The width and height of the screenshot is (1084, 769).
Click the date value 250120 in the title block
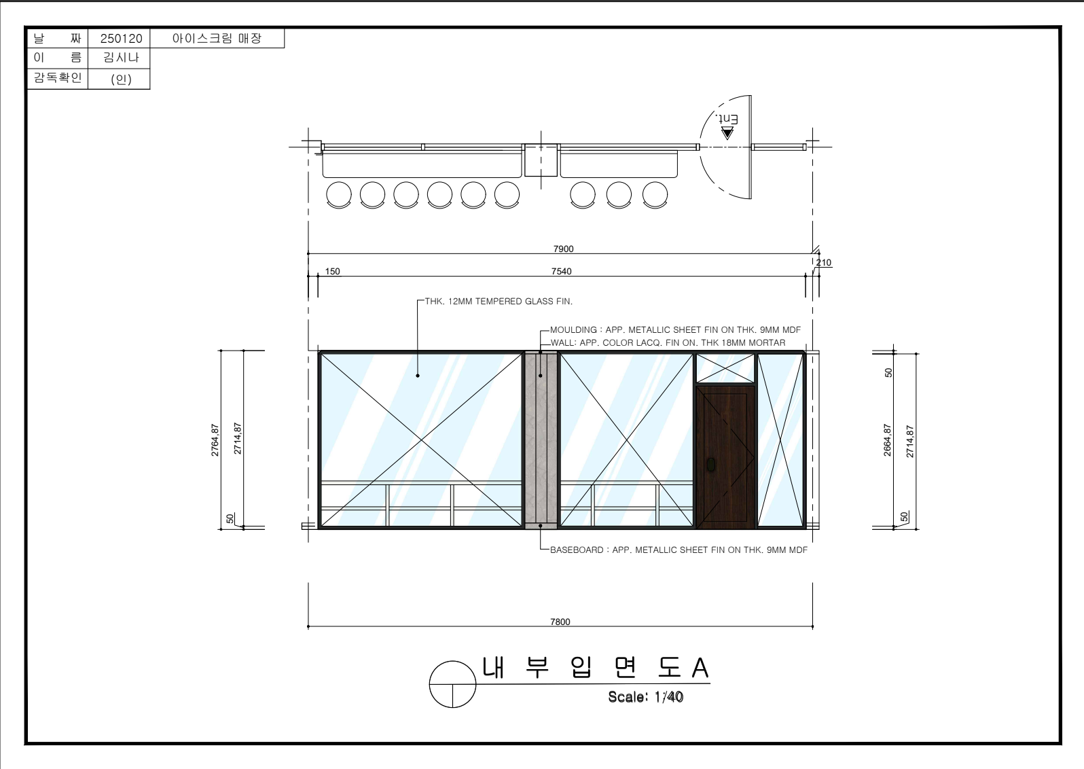121,39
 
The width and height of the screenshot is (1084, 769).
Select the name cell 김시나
121,58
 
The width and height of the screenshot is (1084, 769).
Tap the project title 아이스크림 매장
217,38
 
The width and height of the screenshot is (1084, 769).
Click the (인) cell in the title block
121,79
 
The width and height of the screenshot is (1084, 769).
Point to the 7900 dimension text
563,249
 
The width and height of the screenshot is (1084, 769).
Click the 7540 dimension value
561,272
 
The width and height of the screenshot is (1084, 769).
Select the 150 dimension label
332,272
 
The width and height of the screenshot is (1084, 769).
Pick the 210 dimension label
824,263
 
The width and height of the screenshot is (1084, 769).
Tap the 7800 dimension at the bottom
560,622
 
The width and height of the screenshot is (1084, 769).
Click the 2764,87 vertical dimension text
215,440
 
